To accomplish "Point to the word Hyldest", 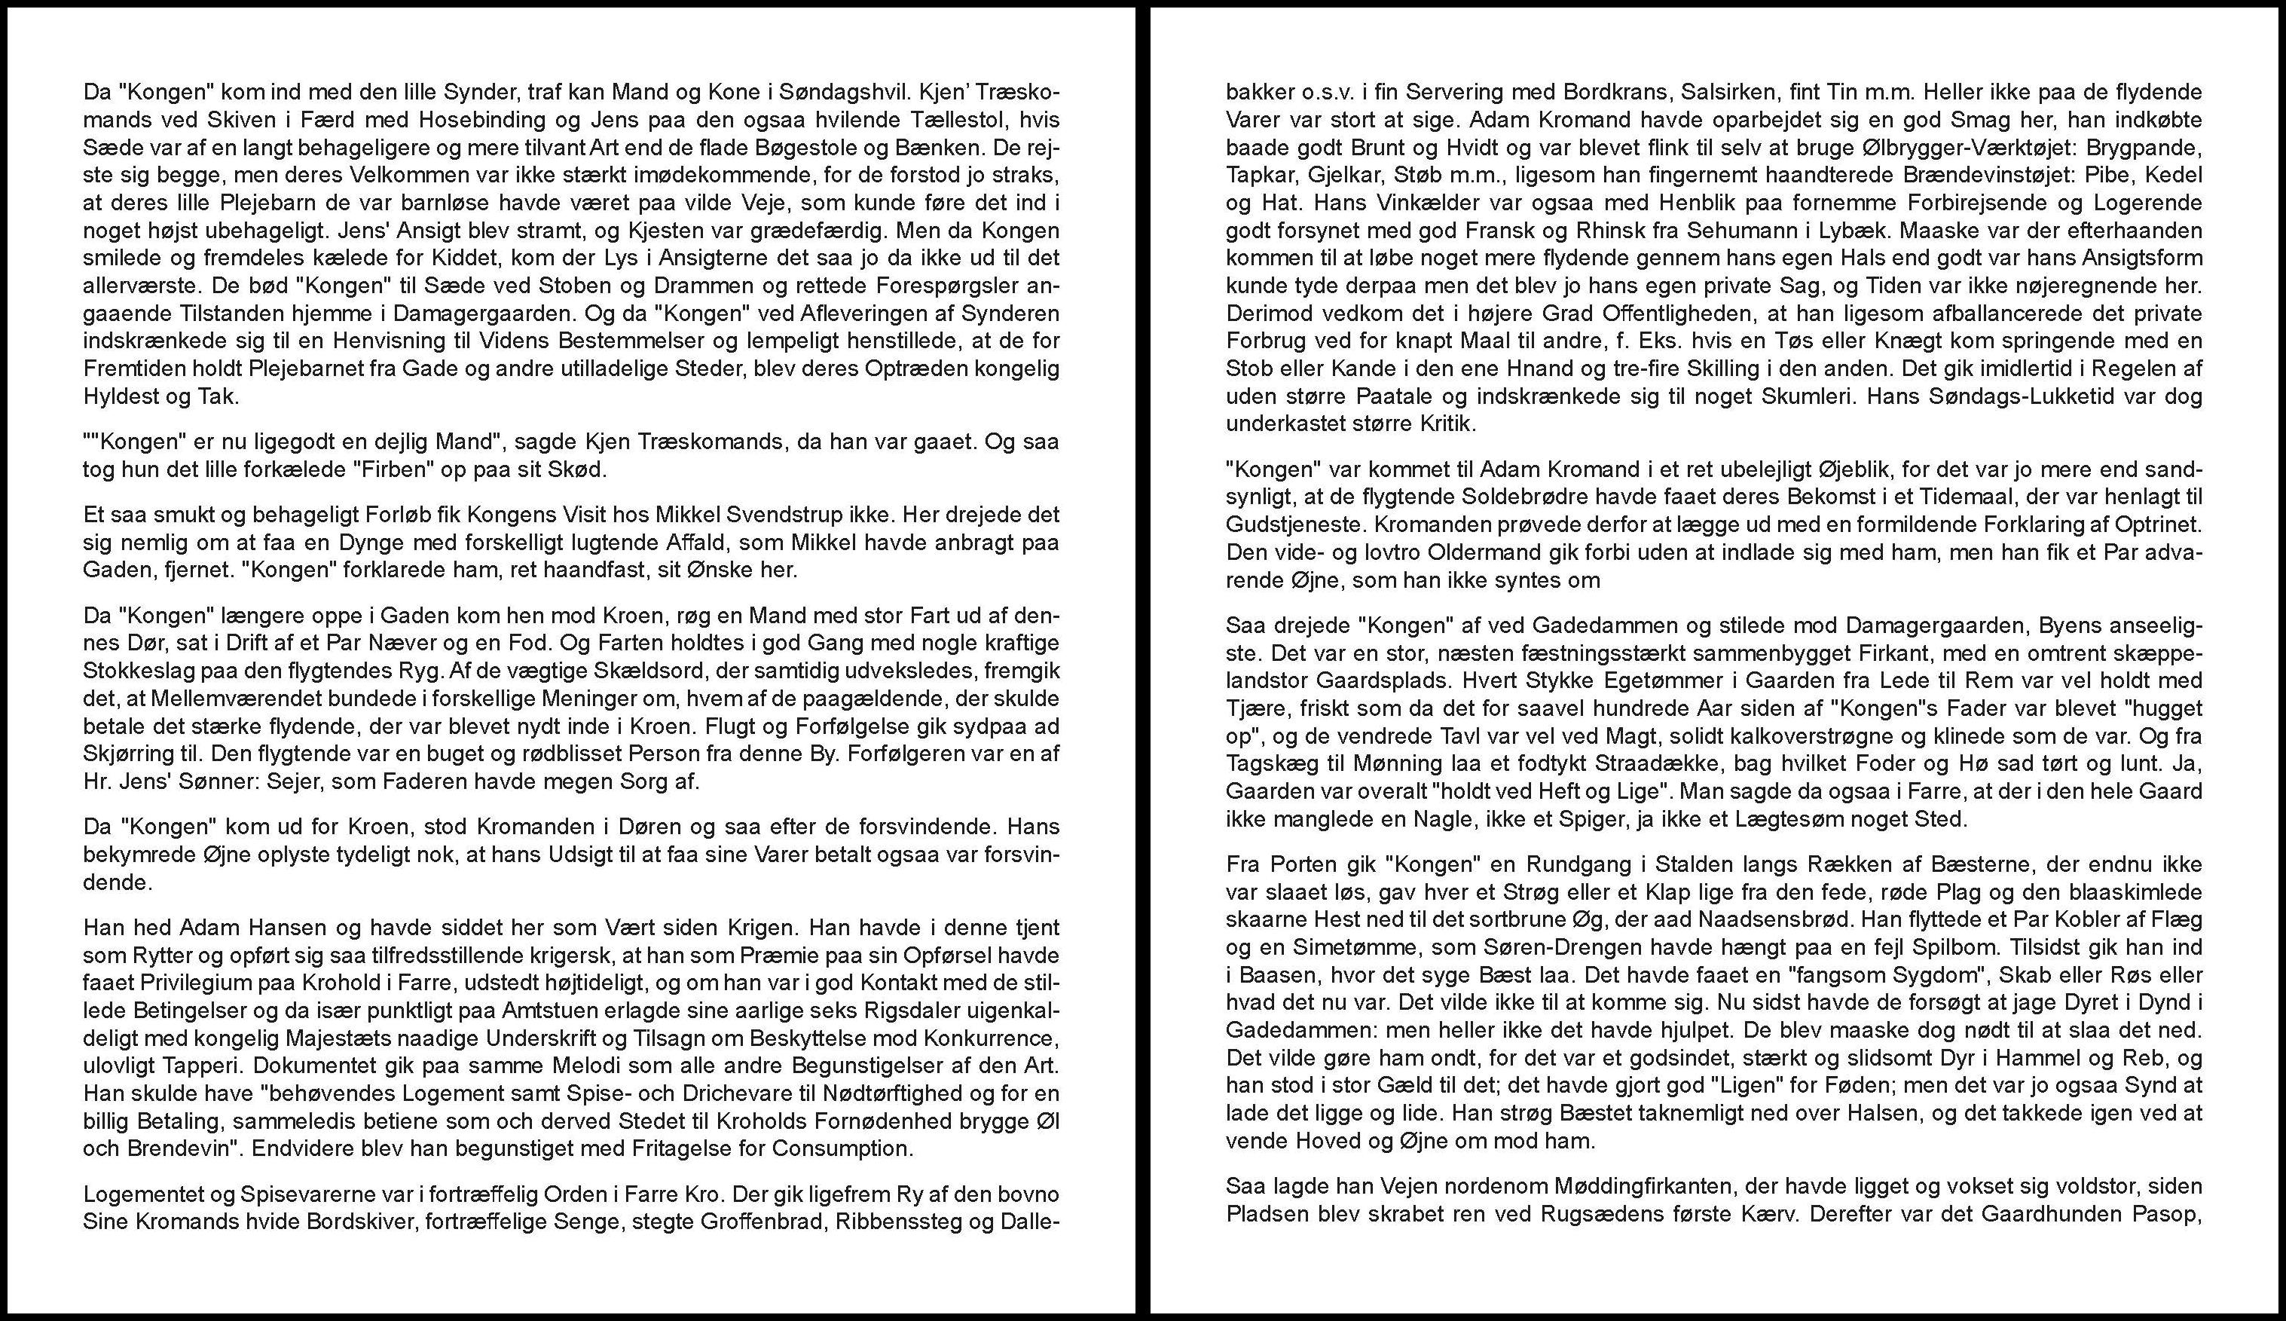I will pyautogui.click(x=118, y=397).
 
